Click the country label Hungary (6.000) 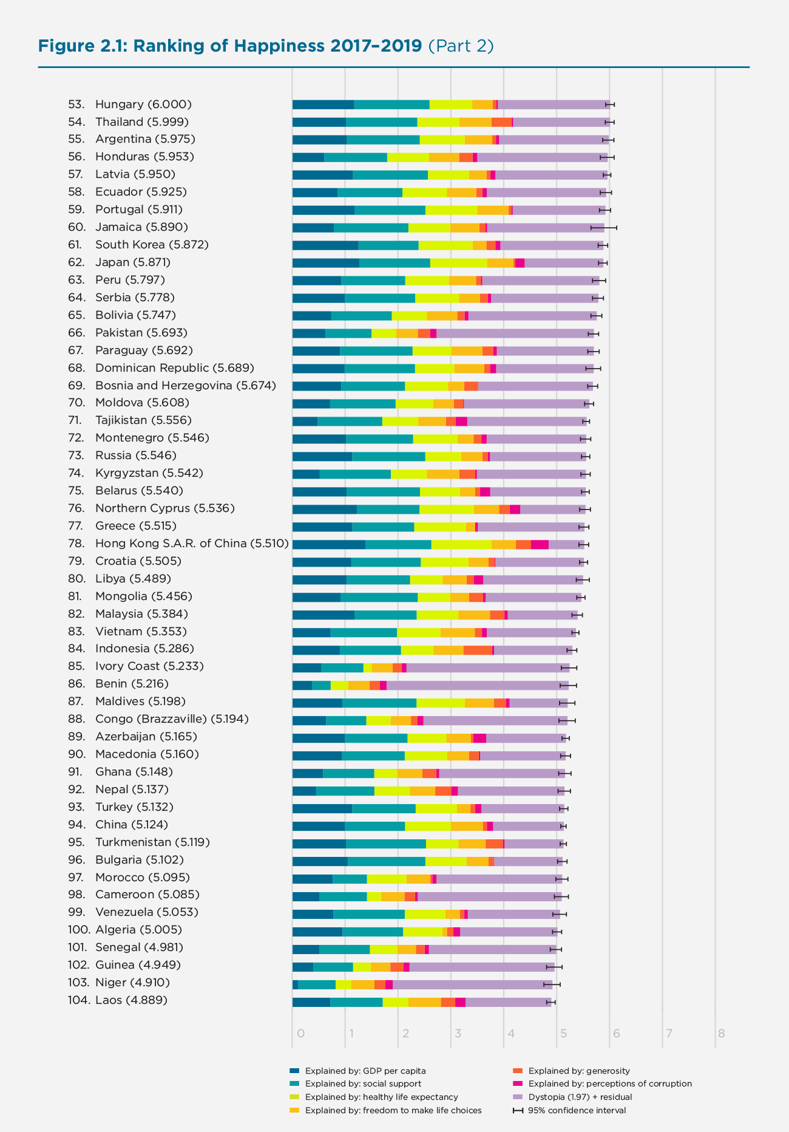click(x=143, y=104)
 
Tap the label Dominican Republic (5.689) click(x=174, y=368)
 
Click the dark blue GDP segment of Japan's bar click(x=325, y=263)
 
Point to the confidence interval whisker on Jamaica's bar click(x=604, y=228)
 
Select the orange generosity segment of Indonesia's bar click(x=478, y=650)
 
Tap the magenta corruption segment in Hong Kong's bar click(x=540, y=545)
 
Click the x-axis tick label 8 click(x=721, y=1033)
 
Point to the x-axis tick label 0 click(x=300, y=1033)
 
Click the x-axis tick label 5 click(x=563, y=1033)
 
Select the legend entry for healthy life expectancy click(x=381, y=1097)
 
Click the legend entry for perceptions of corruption click(x=609, y=1083)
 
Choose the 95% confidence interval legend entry click(x=577, y=1110)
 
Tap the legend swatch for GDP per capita click(x=295, y=1071)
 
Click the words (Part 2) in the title click(x=461, y=46)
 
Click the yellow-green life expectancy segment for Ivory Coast click(x=367, y=668)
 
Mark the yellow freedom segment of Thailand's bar click(x=475, y=122)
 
